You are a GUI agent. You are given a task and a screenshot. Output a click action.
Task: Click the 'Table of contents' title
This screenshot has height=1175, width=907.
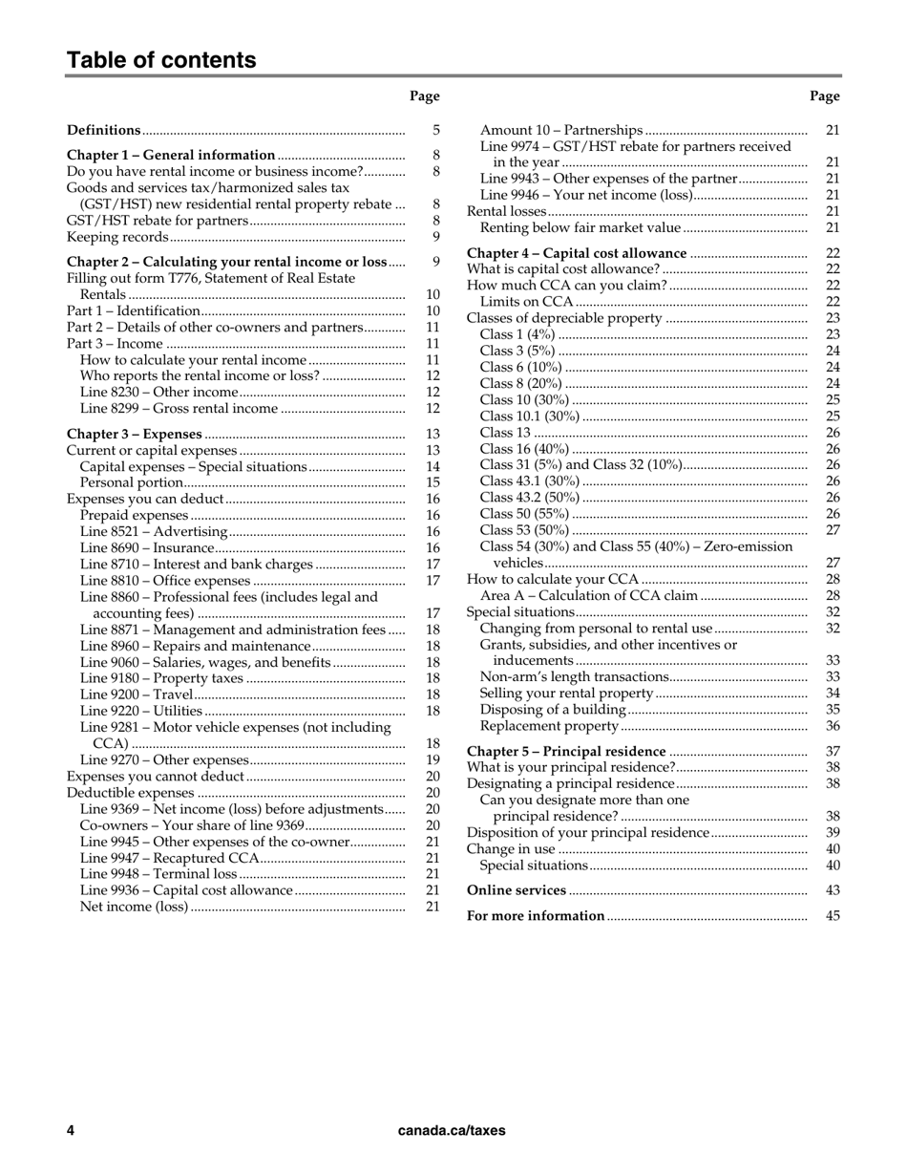tap(161, 60)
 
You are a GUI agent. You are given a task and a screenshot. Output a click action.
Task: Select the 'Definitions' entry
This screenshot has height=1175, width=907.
tap(104, 130)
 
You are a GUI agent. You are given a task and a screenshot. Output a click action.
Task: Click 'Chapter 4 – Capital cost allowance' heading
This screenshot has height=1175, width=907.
tap(577, 253)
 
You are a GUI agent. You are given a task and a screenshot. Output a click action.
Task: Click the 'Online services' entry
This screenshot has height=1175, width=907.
tap(517, 890)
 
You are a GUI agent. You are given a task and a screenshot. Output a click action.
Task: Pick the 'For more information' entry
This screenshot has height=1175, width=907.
tap(536, 916)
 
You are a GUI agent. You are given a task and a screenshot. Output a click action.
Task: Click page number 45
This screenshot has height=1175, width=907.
tap(833, 916)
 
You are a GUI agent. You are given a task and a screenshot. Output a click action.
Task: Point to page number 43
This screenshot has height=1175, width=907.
tap(833, 890)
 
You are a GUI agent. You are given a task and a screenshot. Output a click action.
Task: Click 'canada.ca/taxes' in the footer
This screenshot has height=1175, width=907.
tap(452, 1130)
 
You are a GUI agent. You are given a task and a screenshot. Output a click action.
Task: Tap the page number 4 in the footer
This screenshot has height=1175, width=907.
tap(71, 1130)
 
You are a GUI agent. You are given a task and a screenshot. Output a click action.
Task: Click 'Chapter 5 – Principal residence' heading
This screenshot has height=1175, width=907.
tap(566, 752)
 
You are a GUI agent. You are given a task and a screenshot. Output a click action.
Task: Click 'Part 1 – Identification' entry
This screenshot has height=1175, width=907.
tap(134, 310)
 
